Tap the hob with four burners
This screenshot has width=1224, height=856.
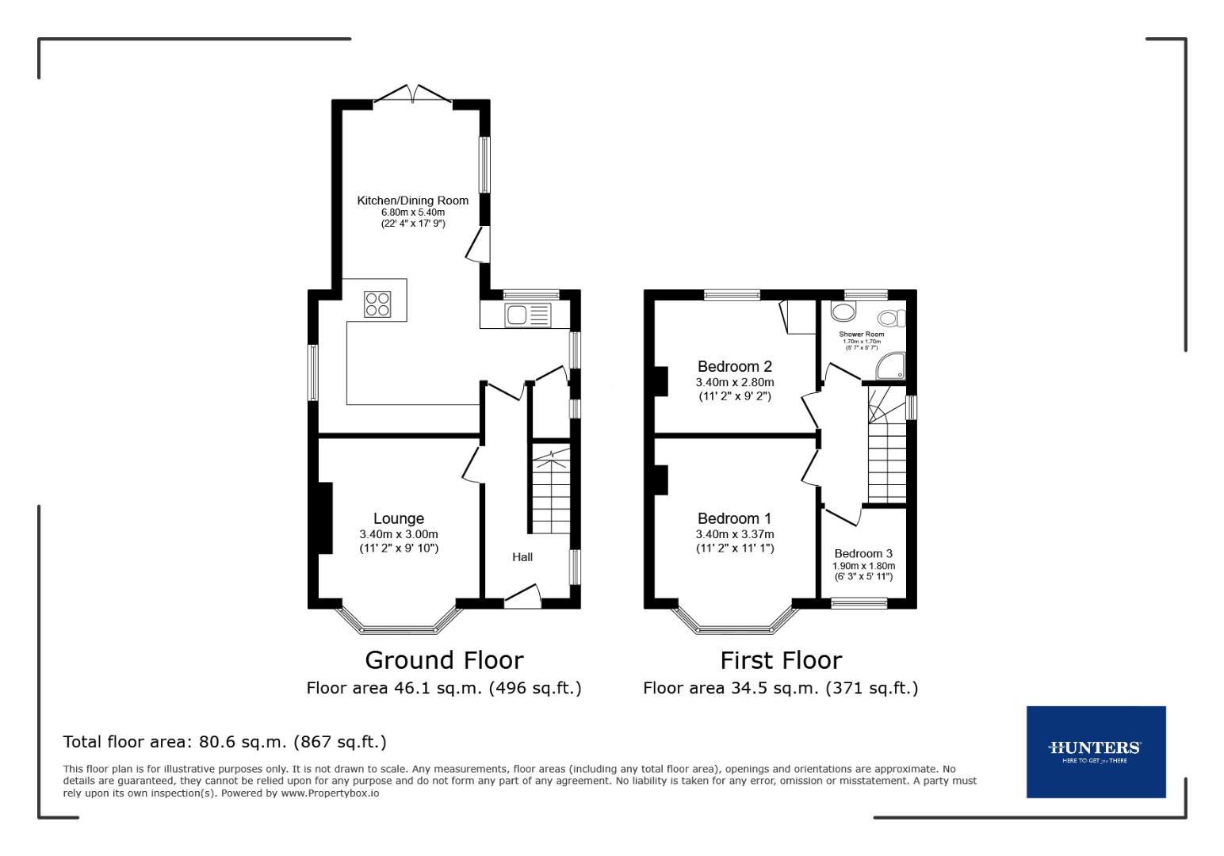pyautogui.click(x=377, y=304)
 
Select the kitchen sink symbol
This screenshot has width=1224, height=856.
pyautogui.click(x=528, y=315)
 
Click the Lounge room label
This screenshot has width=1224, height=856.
pyautogui.click(x=399, y=519)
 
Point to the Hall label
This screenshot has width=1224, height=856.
pyautogui.click(x=522, y=557)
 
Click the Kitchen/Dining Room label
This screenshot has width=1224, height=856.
pyautogui.click(x=412, y=201)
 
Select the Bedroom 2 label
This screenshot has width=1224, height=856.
pyautogui.click(x=734, y=366)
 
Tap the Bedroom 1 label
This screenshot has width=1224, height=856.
pyautogui.click(x=734, y=518)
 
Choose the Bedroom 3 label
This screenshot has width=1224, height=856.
pyautogui.click(x=863, y=553)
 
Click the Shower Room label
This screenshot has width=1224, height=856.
pyautogui.click(x=861, y=334)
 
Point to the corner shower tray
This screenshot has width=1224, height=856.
pyautogui.click(x=890, y=367)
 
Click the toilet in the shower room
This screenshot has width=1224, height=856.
pyautogui.click(x=891, y=318)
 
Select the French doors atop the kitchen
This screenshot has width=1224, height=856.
pyautogui.click(x=412, y=94)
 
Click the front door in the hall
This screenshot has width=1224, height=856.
pyautogui.click(x=522, y=597)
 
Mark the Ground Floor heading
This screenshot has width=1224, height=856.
pyautogui.click(x=444, y=660)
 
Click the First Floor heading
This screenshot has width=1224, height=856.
pyautogui.click(x=781, y=660)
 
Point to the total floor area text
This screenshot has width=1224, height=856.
pyautogui.click(x=224, y=742)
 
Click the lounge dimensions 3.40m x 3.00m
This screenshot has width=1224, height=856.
pyautogui.click(x=399, y=534)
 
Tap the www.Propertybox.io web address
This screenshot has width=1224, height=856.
pyautogui.click(x=329, y=793)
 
